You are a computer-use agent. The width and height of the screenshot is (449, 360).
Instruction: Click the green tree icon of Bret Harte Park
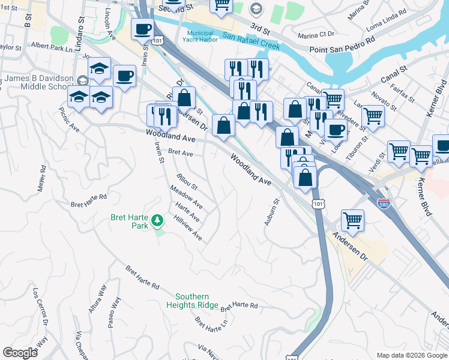(157, 220)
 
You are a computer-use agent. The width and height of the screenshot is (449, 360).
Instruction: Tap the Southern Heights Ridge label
(192, 301)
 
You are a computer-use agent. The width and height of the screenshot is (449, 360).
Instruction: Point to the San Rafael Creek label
(251, 40)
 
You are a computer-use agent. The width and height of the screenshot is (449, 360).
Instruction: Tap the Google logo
(20, 353)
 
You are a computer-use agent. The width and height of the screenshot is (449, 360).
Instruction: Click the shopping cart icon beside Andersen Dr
(352, 220)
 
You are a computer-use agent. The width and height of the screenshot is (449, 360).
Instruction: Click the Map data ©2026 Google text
(411, 355)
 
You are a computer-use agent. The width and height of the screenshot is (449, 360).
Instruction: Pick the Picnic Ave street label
(69, 119)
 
